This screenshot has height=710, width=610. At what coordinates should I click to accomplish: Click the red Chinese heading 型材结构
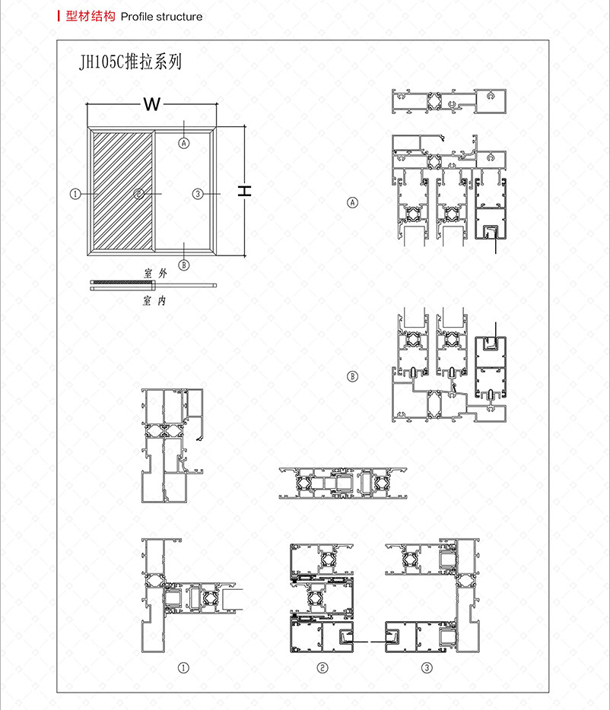pos(91,16)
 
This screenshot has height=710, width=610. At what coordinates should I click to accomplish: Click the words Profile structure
pos(161,17)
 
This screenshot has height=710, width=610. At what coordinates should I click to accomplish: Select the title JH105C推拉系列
pos(131,62)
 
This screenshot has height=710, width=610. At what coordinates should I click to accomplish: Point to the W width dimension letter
pos(152,104)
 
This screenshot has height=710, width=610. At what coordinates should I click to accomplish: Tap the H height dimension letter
pos(245,191)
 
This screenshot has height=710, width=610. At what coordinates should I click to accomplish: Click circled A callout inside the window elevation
pos(183,143)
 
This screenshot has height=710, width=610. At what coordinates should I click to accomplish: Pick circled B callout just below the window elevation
pos(183,265)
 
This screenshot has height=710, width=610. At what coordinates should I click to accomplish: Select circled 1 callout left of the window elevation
pos(75,194)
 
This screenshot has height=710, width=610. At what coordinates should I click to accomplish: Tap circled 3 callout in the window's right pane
pos(198,194)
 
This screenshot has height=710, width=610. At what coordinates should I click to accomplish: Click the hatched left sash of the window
pos(122,190)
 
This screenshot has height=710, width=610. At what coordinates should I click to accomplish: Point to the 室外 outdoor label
pos(155,273)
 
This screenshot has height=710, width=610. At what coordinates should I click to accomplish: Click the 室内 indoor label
pos(154,300)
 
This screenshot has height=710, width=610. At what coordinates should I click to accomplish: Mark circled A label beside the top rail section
pos(352,202)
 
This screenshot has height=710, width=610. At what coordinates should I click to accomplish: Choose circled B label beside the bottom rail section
pos(352,376)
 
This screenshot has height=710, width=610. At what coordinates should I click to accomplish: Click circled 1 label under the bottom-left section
pos(183,667)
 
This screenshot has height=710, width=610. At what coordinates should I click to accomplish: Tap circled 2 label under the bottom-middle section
pos(322,667)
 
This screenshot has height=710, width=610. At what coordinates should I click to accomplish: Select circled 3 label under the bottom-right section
pos(427,667)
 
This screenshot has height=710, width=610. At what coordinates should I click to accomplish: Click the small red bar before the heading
pos(59,16)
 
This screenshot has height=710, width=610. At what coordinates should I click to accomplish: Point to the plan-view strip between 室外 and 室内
pos(153,285)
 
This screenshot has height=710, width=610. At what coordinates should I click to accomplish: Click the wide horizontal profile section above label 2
pos(342,483)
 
